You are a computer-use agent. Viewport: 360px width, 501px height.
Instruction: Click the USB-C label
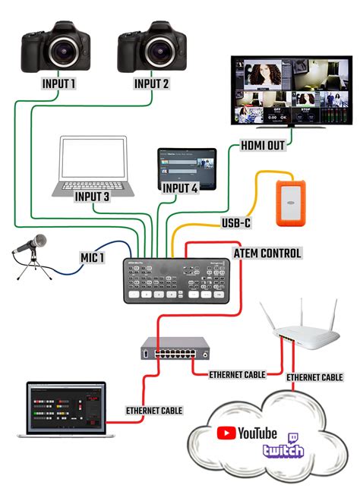(235, 223)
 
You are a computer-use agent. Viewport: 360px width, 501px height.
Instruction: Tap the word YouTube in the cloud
(257, 433)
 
